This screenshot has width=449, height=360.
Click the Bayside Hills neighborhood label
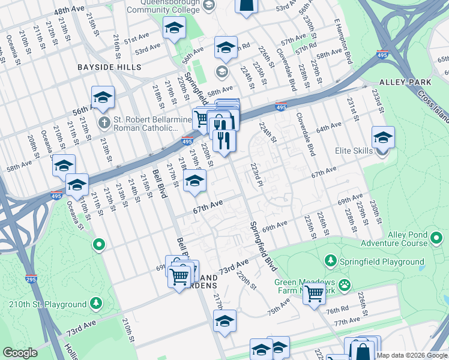pos(109,67)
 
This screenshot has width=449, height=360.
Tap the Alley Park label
pos(406,82)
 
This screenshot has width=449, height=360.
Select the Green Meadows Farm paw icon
pos(345,284)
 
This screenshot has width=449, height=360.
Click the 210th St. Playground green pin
pos(95,304)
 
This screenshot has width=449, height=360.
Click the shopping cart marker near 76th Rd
pos(314,295)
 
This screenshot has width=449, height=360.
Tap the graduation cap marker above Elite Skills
pos(382,138)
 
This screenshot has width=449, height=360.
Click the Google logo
pos(20,353)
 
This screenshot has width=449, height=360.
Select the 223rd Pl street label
pos(258,173)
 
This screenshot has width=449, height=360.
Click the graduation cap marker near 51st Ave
pos(174,29)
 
